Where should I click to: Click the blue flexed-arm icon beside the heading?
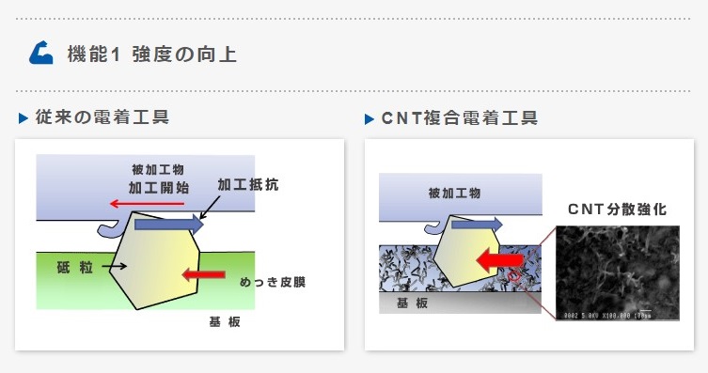(41, 54)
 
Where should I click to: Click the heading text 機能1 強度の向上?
(151, 54)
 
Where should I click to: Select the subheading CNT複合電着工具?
(459, 119)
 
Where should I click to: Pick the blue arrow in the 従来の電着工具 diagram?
(168, 224)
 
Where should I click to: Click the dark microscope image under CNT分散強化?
(617, 272)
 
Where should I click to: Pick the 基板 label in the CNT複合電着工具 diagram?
(415, 303)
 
